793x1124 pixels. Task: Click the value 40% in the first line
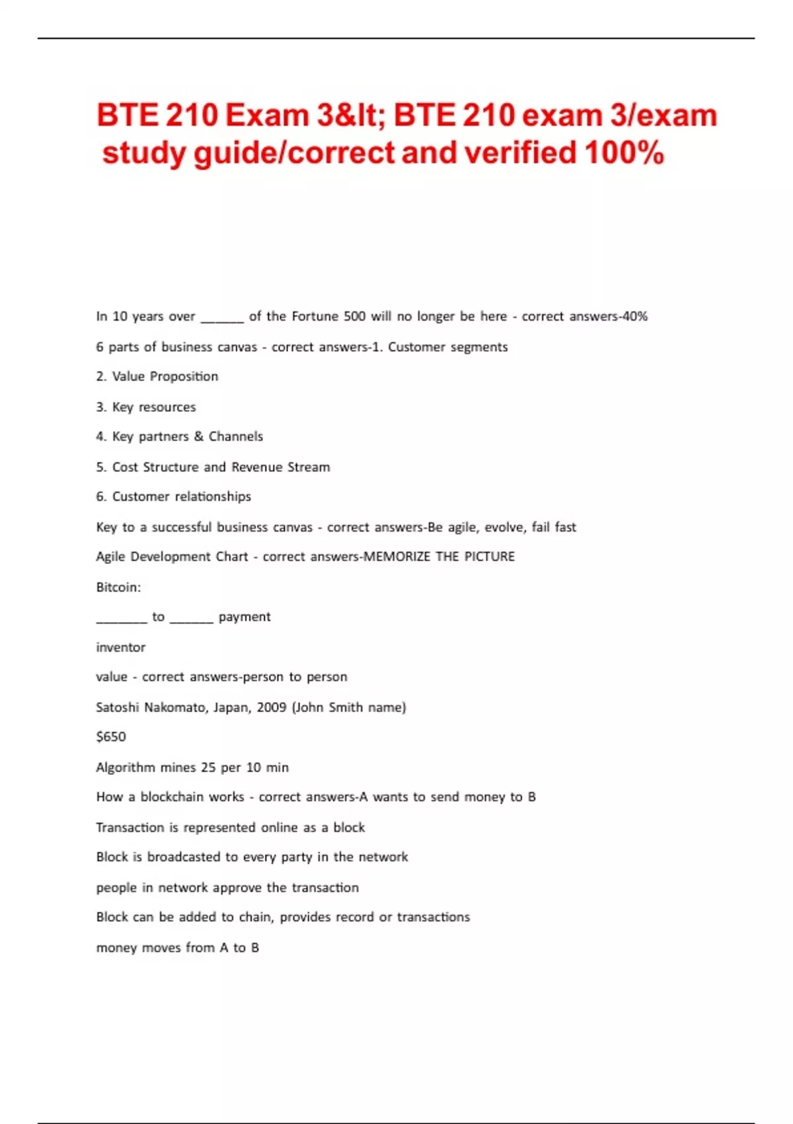634,317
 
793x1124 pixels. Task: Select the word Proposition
184,377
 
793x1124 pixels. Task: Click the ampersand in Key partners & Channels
199,436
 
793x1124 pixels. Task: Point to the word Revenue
256,467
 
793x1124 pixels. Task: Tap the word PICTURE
490,557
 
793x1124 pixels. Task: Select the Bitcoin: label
118,587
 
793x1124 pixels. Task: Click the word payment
245,617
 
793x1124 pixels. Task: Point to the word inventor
121,647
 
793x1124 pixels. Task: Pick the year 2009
272,707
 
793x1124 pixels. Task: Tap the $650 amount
111,737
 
